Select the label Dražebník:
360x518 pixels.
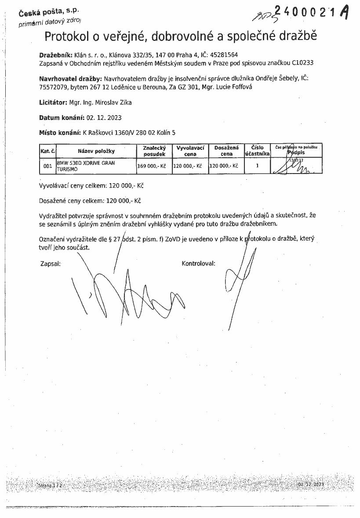55,55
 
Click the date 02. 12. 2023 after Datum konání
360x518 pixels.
104,118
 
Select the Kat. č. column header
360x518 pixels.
47,151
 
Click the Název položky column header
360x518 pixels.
96,151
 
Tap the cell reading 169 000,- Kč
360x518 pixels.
153,166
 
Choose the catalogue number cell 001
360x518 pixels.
47,166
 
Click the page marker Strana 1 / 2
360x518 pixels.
50,486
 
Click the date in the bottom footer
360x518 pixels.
311,484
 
